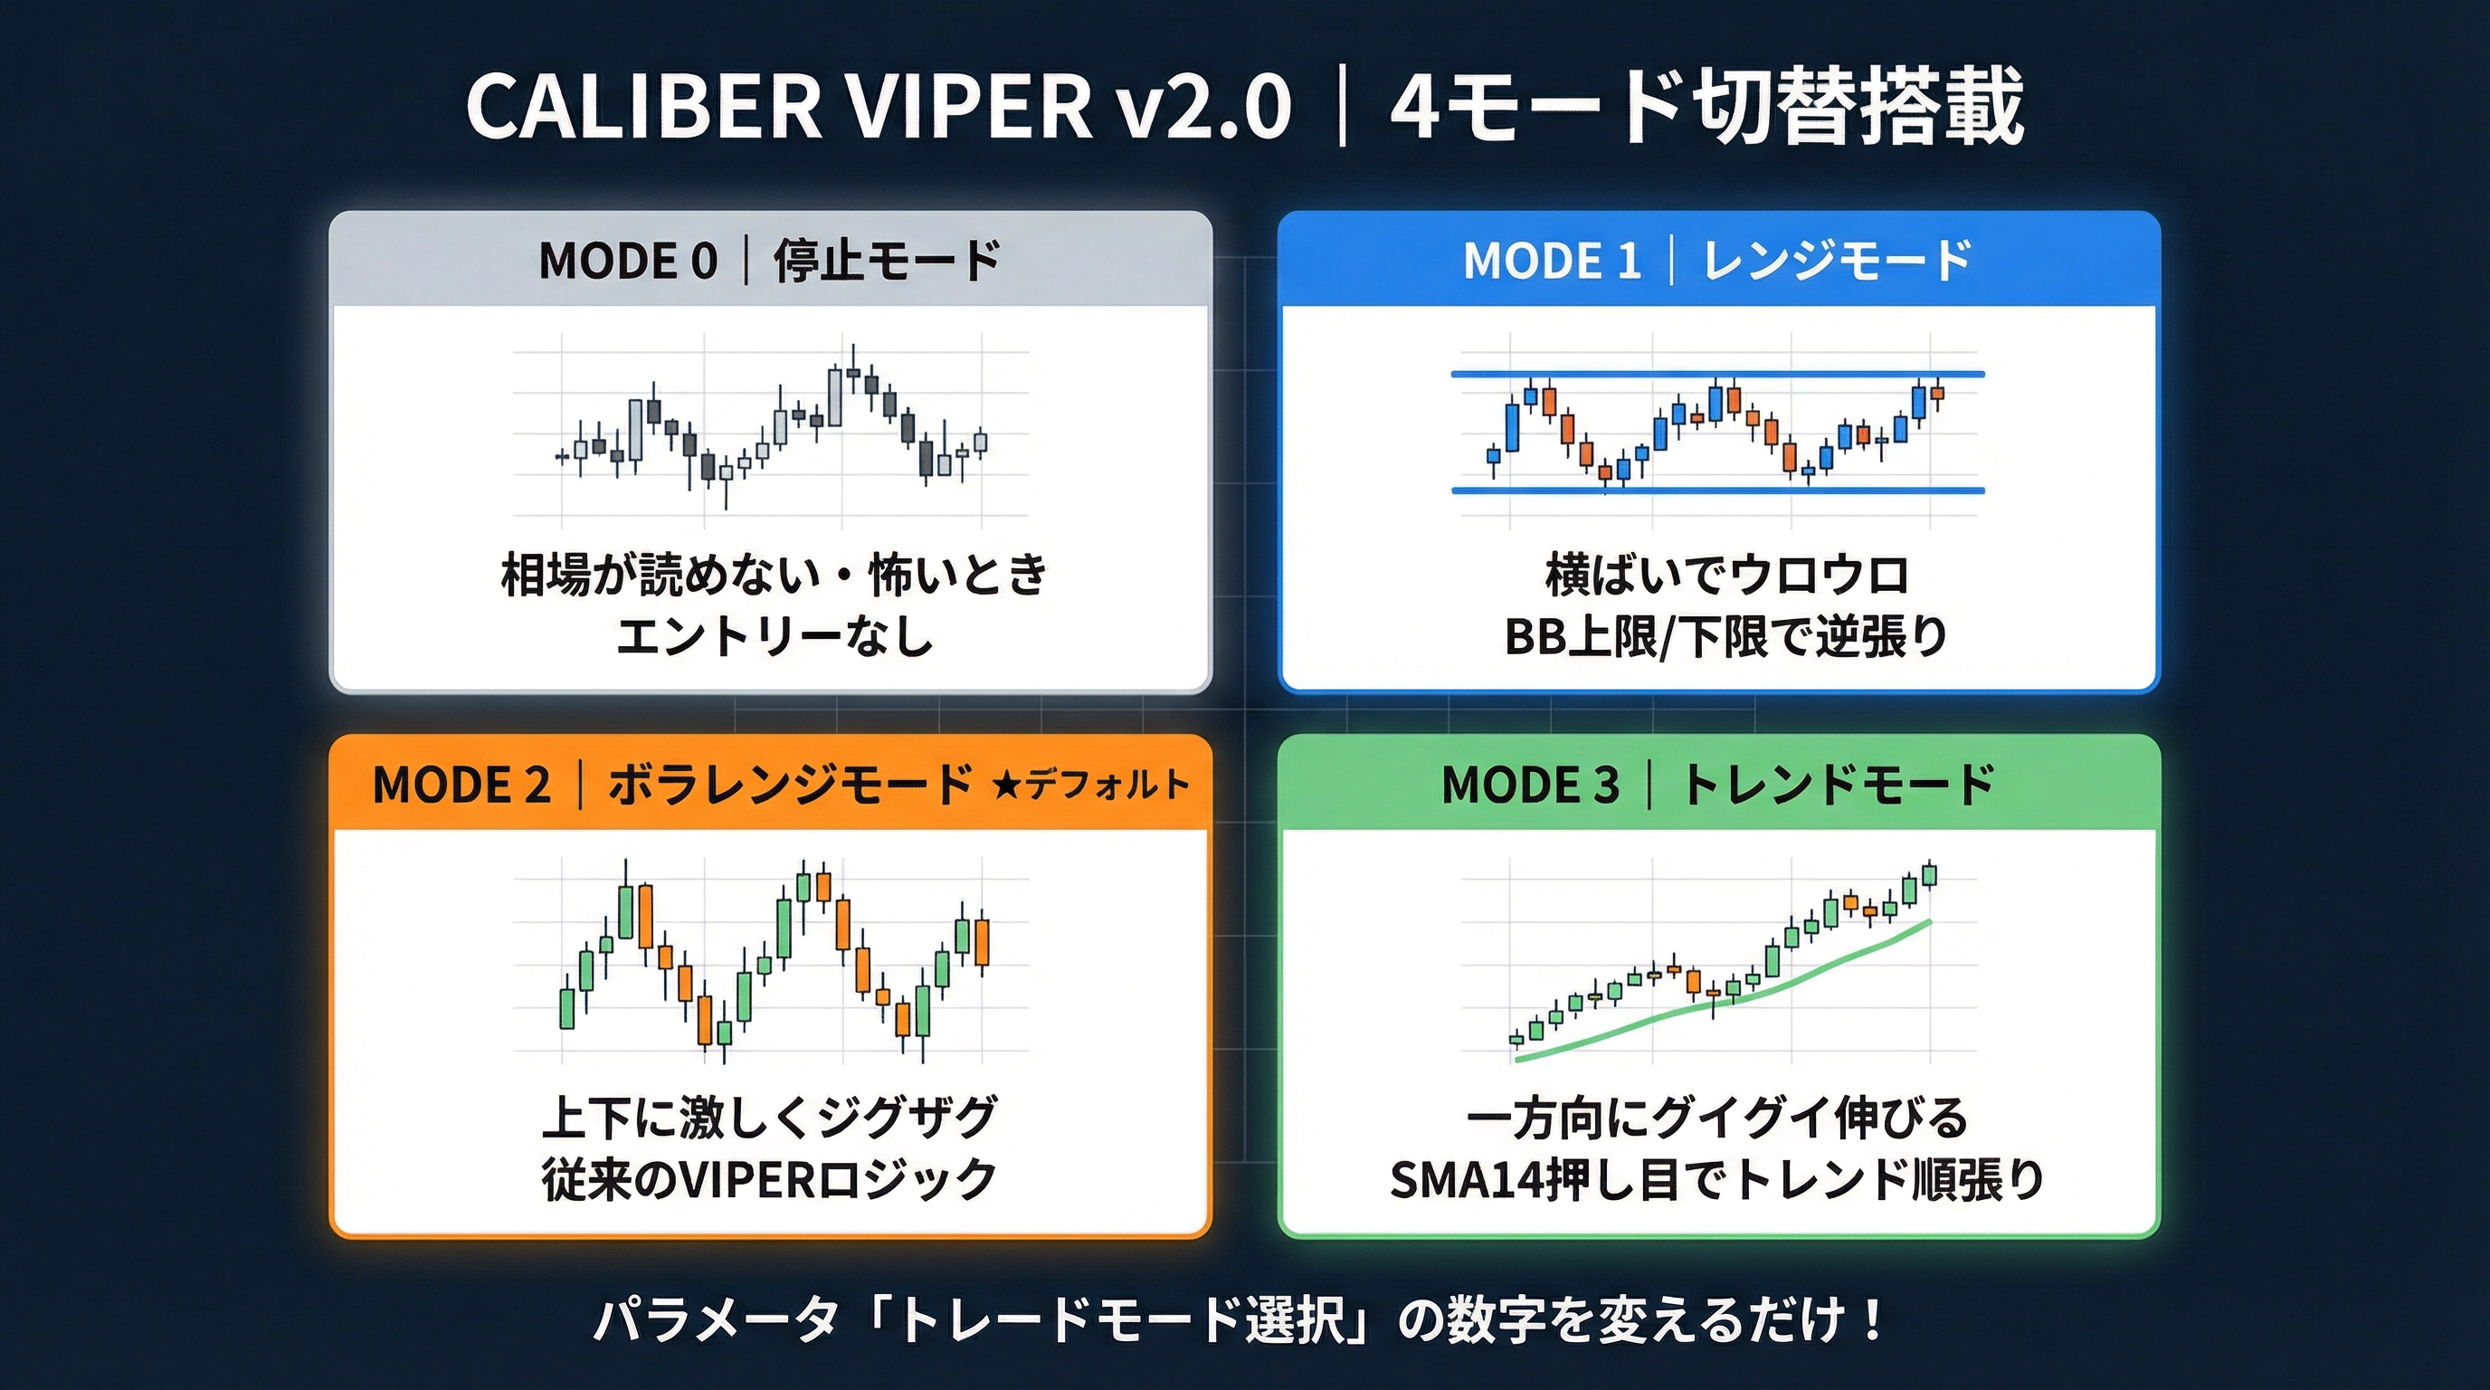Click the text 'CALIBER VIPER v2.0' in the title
point(878,106)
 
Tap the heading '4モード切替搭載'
point(1706,106)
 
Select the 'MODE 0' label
point(627,261)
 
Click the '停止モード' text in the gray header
point(887,261)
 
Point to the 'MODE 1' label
point(1552,261)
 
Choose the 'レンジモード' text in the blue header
point(1836,261)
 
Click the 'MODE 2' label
point(461,784)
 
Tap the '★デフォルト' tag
point(1089,784)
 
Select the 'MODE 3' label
point(1530,784)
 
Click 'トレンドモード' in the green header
point(1838,784)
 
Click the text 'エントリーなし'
point(775,637)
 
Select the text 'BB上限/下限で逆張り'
point(1725,637)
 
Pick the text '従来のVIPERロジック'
point(769,1180)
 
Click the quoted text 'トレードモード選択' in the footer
point(1121,1320)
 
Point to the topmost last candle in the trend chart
point(1929,876)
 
